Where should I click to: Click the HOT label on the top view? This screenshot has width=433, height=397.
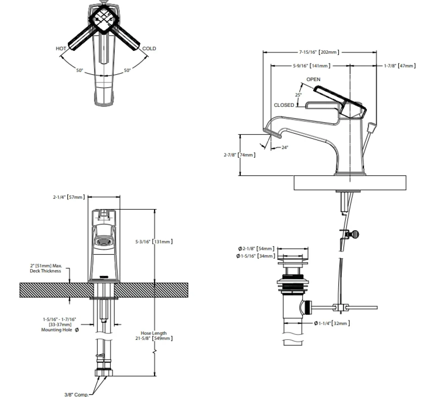point(61,48)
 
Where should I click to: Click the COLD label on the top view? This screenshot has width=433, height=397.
point(149,48)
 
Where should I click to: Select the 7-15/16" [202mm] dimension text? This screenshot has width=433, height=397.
point(319,52)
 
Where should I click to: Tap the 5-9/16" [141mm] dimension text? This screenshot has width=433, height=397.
point(312,66)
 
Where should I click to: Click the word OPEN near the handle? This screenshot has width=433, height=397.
point(313,79)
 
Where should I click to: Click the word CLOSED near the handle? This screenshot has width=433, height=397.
point(284,105)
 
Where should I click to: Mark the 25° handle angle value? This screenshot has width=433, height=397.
point(298,95)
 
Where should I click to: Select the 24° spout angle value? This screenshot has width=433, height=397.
point(285,147)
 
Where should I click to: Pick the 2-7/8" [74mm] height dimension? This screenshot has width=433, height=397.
point(240,155)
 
